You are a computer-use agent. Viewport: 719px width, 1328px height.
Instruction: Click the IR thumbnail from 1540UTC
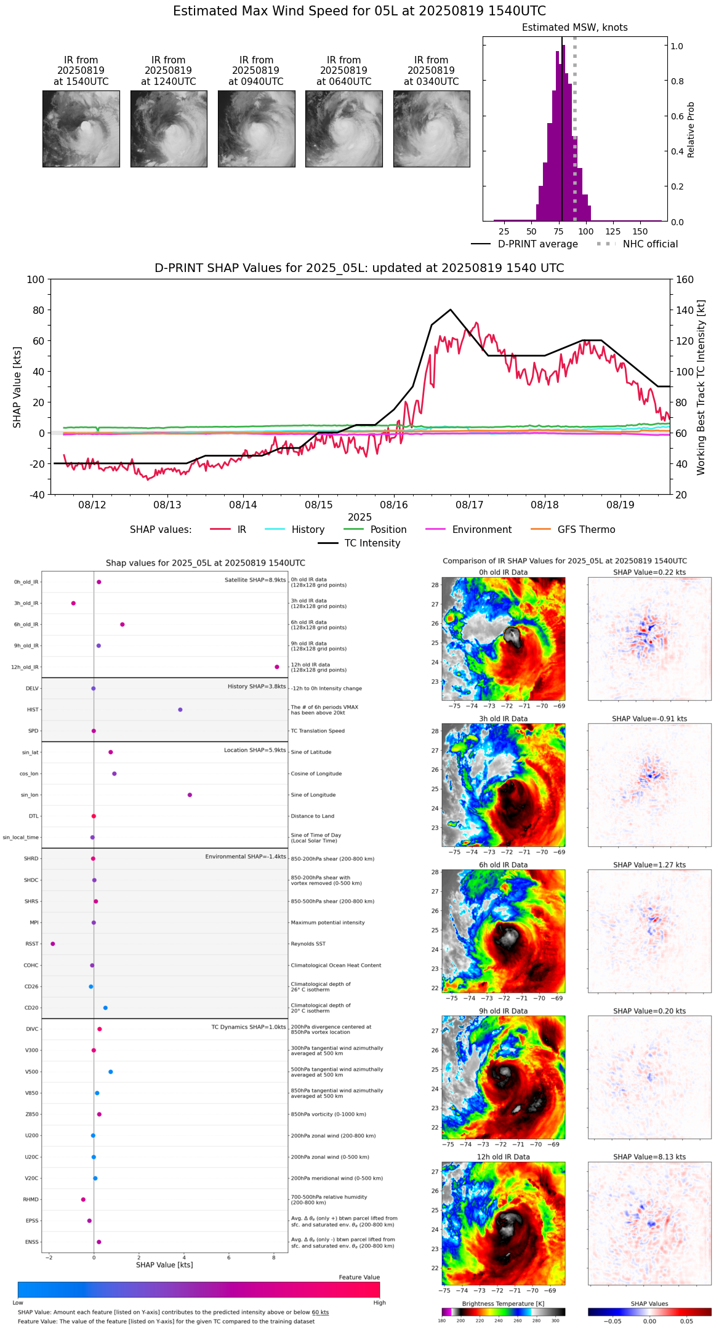pyautogui.click(x=81, y=129)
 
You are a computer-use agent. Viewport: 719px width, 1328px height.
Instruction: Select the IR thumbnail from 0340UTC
pyautogui.click(x=432, y=129)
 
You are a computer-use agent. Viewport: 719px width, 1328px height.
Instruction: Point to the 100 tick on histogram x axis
pyautogui.click(x=586, y=231)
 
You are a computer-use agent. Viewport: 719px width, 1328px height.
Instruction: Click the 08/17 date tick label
pyautogui.click(x=469, y=505)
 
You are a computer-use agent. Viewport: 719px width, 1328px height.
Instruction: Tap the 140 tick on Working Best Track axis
pyautogui.click(x=685, y=310)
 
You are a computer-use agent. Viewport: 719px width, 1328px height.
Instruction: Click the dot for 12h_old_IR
pyautogui.click(x=277, y=667)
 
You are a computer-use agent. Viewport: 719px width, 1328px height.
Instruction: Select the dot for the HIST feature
pyautogui.click(x=180, y=710)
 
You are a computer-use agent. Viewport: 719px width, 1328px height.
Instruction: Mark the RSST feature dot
pyautogui.click(x=53, y=943)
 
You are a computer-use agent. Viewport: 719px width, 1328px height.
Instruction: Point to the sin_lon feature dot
pyautogui.click(x=190, y=795)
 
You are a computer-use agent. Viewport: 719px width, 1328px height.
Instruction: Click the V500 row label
pyautogui.click(x=31, y=1071)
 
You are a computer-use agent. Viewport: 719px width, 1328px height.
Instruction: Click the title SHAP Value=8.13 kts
pyautogui.click(x=649, y=1157)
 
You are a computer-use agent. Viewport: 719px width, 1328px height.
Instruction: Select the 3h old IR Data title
pyautogui.click(x=503, y=719)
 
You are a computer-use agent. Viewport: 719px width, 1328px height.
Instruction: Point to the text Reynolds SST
pyautogui.click(x=308, y=943)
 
